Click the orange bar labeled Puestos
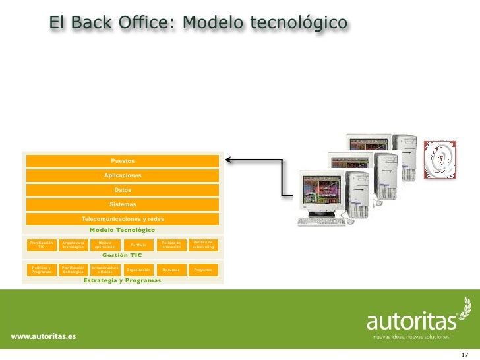(x=122, y=161)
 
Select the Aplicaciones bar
(x=122, y=175)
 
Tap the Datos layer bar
(x=122, y=190)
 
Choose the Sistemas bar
(x=122, y=204)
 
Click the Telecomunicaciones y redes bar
(x=122, y=219)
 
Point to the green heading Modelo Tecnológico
(x=122, y=230)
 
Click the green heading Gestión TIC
(x=122, y=255)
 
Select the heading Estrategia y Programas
(x=122, y=280)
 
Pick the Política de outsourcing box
(x=203, y=245)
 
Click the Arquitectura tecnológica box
(x=73, y=245)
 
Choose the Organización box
(x=138, y=270)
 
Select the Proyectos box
(x=203, y=270)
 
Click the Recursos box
(x=171, y=270)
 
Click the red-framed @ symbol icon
(x=438, y=159)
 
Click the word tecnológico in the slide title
(x=297, y=23)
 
